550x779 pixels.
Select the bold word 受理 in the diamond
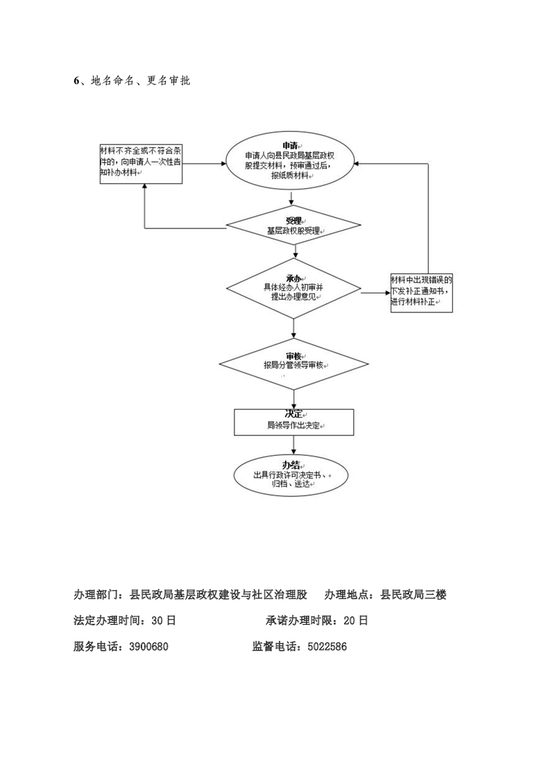[x=294, y=220]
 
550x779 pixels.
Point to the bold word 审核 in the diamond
[x=294, y=355]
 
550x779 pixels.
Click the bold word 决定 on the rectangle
[x=294, y=413]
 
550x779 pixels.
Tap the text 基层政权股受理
[x=294, y=231]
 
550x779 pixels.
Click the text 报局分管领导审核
[x=294, y=365]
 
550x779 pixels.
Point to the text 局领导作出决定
[x=294, y=425]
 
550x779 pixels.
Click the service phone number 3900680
[x=145, y=646]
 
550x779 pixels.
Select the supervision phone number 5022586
[x=323, y=646]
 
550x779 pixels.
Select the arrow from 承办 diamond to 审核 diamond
[x=294, y=330]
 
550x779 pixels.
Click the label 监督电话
[x=274, y=646]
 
